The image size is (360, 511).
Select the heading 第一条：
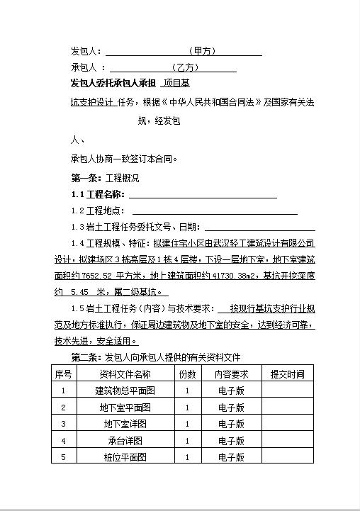87,178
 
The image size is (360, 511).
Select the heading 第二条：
87,356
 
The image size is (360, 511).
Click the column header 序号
64,374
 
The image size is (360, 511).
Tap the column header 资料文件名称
125,374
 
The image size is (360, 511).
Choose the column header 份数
187,374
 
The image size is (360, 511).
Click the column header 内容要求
232,374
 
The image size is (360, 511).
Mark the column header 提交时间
287,374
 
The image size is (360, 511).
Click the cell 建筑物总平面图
125,391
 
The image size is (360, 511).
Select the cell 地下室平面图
125,408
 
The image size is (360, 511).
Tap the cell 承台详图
125,441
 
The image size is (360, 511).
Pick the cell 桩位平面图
125,457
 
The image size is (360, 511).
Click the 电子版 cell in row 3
232,424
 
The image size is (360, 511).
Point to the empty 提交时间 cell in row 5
287,457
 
